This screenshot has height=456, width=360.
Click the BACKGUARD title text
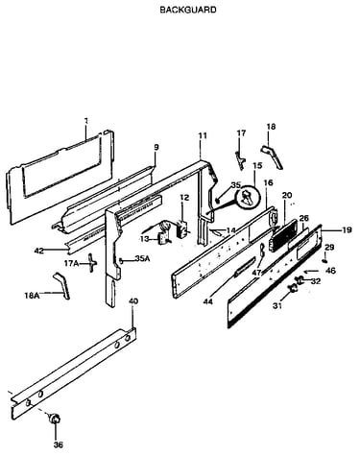pos(188,10)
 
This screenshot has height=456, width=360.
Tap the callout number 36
pos(58,444)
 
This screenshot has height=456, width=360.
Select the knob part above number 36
pos(55,419)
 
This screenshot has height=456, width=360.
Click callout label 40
pos(133,301)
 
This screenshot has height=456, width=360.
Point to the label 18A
pos(32,296)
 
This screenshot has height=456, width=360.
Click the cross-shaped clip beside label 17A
pos(92,263)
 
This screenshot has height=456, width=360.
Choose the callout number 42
pos(39,251)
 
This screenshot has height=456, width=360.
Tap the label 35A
pos(142,258)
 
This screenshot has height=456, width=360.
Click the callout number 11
pos(203,135)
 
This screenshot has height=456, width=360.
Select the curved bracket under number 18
pos(273,156)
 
